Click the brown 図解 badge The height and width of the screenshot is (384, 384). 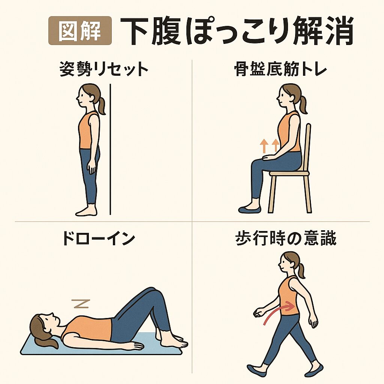pos(80,31)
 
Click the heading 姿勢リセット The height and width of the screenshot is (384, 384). pos(104,69)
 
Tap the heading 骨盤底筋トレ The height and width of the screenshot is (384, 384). pos(280,69)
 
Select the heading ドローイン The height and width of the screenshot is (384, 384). pos(99,238)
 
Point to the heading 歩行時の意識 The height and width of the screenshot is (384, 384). pos(286,238)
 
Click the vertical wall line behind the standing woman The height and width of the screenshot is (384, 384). pos(110,149)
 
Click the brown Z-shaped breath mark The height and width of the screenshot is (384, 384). pos(81,304)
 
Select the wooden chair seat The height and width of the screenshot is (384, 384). pos(289,173)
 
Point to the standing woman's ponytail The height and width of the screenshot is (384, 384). pos(101,105)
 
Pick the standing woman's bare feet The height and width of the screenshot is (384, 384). pos(86,211)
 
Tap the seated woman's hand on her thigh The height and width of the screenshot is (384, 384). pos(268,157)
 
